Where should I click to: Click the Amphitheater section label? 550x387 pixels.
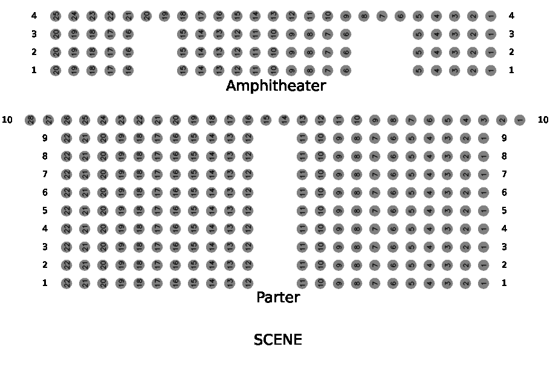[x=276, y=86]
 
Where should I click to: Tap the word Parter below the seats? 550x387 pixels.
[x=278, y=298]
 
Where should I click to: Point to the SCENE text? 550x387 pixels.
[x=278, y=340]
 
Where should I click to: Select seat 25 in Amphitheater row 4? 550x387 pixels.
[x=56, y=16]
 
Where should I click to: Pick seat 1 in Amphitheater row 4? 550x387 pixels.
[x=491, y=16]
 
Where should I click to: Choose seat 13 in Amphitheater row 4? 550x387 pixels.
[x=273, y=16]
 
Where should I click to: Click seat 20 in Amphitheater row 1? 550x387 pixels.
[x=56, y=70]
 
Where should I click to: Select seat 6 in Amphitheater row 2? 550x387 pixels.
[x=346, y=52]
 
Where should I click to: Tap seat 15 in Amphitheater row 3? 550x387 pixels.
[x=183, y=34]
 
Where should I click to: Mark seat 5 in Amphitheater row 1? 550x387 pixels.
[x=418, y=70]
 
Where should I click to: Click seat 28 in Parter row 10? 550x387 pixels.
[x=30, y=120]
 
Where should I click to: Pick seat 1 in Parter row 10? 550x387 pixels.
[x=520, y=120]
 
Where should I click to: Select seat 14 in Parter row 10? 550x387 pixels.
[x=284, y=120]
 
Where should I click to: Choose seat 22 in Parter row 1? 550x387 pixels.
[x=66, y=282]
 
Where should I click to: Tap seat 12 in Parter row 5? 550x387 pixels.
[x=248, y=210]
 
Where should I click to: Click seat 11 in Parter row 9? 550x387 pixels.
[x=302, y=138]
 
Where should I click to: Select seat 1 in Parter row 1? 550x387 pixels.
[x=484, y=282]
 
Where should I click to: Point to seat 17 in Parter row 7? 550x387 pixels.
[x=157, y=174]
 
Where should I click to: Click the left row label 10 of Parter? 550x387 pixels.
[x=7, y=120]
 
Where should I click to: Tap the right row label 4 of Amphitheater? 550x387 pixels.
[x=511, y=16]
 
